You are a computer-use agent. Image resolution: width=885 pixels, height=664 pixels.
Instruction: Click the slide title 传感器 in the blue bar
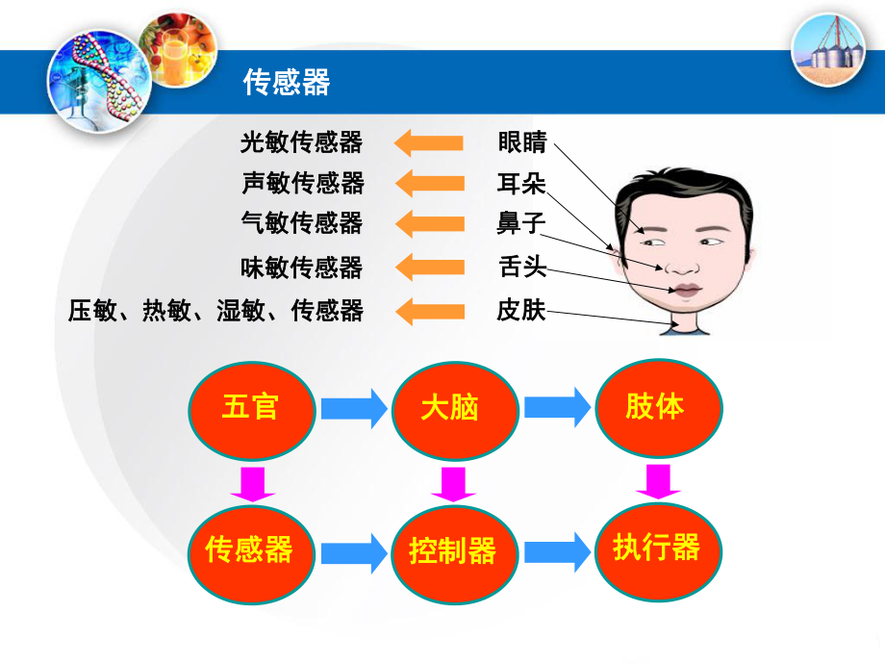(287, 83)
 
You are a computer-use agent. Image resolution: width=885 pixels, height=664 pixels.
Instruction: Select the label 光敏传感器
(301, 142)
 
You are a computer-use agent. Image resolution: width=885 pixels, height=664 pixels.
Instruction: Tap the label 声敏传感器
(303, 183)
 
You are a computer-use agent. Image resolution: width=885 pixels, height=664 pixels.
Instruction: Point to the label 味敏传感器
(301, 268)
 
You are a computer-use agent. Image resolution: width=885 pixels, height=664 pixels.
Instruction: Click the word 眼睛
(522, 141)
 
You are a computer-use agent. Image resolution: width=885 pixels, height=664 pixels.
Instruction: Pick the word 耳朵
(521, 184)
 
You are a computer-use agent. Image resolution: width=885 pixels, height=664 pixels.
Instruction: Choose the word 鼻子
(521, 223)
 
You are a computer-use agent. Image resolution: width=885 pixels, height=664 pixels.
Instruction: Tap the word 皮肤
(521, 310)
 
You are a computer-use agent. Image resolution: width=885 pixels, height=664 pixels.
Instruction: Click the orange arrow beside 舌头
(430, 268)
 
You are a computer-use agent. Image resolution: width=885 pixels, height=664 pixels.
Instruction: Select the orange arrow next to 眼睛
(429, 142)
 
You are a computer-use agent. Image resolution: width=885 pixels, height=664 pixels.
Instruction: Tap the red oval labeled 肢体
(659, 408)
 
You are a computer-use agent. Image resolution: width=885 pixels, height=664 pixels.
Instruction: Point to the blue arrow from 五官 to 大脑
(354, 408)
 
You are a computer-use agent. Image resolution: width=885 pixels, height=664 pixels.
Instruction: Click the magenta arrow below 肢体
(658, 481)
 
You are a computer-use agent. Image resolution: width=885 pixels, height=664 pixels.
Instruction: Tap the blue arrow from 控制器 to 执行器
(558, 551)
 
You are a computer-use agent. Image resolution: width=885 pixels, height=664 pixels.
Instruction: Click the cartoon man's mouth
(685, 291)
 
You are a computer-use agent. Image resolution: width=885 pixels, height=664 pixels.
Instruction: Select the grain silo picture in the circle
(828, 50)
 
